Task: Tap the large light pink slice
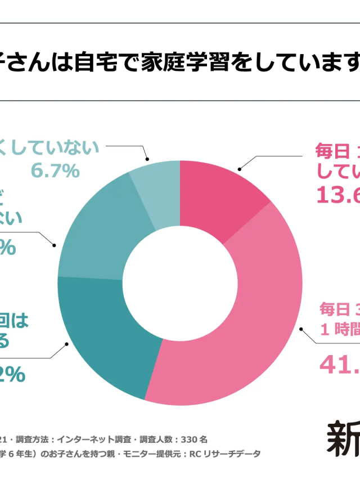[236, 315]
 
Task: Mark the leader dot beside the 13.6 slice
[239, 168]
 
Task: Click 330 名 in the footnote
[195, 439]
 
